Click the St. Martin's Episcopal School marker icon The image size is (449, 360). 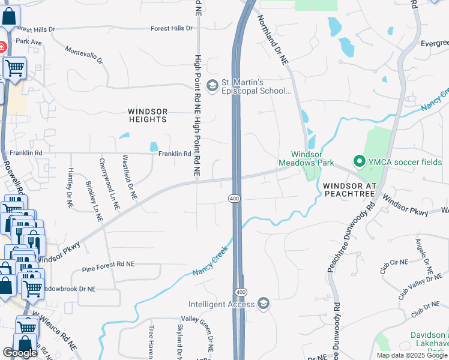[212, 86]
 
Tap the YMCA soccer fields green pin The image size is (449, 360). [360, 161]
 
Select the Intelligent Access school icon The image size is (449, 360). [263, 304]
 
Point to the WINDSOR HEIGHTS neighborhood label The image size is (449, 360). [147, 115]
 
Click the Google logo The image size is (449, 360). [20, 353]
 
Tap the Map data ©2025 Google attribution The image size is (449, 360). [411, 355]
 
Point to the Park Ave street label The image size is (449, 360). [29, 42]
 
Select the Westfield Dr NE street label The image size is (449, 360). [129, 178]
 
